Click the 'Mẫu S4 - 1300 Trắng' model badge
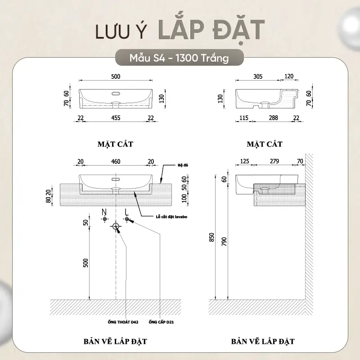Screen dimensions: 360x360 coord(179,58)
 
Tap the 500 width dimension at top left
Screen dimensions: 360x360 coord(116,76)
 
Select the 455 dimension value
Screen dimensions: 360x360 coord(116,118)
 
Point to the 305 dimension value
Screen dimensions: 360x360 coord(258,76)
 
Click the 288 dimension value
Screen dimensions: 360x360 coord(274,118)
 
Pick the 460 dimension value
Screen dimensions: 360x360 coord(116,162)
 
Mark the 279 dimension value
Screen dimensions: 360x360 coord(274,162)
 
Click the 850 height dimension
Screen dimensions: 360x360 coord(211,237)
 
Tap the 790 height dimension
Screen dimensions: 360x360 coord(224,242)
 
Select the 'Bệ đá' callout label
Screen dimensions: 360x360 coord(183,165)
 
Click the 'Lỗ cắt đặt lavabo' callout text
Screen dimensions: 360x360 coord(171,217)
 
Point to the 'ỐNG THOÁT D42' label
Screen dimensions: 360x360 coord(123,322)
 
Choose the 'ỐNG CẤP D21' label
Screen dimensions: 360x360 coord(161,322)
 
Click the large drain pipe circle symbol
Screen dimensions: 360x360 coord(116,226)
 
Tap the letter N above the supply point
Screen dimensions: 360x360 coord(104,211)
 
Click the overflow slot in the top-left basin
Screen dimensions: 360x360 coord(116,94)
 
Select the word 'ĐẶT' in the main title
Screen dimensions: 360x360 coord(239,30)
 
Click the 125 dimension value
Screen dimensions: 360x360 coord(244,162)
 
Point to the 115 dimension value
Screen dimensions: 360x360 coord(244,118)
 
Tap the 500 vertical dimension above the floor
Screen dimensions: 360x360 coord(85,263)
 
